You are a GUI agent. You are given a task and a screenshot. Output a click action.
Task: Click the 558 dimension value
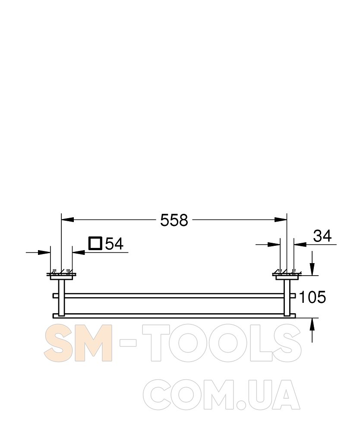point(174,220)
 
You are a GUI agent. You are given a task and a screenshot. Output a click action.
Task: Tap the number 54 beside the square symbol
point(114,244)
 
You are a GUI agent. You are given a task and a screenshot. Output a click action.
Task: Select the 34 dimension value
point(322,236)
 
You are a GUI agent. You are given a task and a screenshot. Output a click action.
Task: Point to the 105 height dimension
point(313,297)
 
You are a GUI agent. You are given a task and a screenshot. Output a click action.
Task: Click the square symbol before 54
point(95,243)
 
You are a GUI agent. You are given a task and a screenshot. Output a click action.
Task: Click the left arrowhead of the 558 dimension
point(68,219)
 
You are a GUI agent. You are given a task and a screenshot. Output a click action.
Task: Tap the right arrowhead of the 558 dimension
point(281,219)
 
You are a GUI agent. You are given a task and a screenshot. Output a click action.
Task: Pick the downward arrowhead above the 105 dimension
point(312,269)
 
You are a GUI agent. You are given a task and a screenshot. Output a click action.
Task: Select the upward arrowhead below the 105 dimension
point(312,324)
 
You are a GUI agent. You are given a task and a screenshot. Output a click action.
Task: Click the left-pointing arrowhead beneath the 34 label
point(300,244)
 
